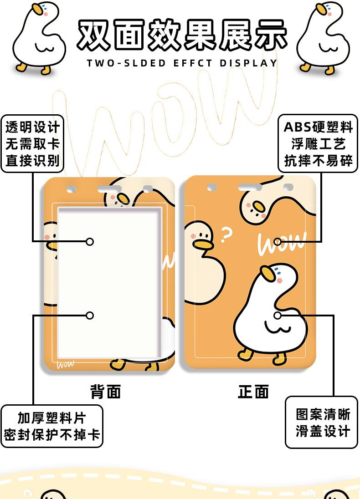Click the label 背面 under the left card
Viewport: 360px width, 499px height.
[105, 391]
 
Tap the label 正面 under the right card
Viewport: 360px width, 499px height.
[253, 391]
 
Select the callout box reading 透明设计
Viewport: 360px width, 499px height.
[32, 144]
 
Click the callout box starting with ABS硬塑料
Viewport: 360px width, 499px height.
[318, 143]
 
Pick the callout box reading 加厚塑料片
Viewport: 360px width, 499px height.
[51, 426]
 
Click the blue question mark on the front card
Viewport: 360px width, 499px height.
[226, 235]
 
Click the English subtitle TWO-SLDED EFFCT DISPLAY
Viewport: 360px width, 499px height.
[182, 63]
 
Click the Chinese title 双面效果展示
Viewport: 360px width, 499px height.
[182, 34]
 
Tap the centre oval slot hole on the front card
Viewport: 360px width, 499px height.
[250, 187]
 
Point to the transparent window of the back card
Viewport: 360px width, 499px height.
[109, 282]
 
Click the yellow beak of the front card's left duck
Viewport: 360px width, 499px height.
[203, 244]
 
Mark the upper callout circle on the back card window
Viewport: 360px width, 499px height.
[90, 241]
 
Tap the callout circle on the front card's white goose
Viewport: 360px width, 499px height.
[278, 315]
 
